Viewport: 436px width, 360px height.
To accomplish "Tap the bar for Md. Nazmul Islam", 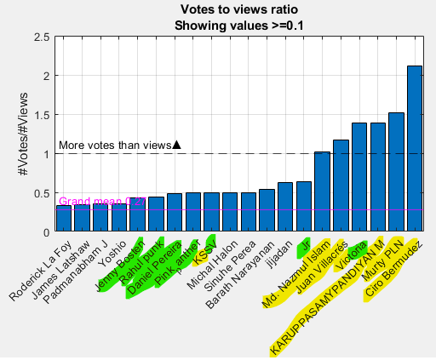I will [x=322, y=191].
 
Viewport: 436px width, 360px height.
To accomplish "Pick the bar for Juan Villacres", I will [x=341, y=186].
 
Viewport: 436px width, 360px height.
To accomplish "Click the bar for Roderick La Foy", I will [x=63, y=218].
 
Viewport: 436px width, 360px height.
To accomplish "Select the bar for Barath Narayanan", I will [x=267, y=210].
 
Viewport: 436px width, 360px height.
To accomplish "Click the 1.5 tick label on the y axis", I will [x=39, y=115].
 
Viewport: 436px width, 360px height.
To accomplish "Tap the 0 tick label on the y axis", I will [x=44, y=231].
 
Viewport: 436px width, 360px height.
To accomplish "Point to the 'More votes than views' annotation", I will [x=114, y=146].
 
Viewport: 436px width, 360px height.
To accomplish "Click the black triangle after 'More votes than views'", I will [x=176, y=145].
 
